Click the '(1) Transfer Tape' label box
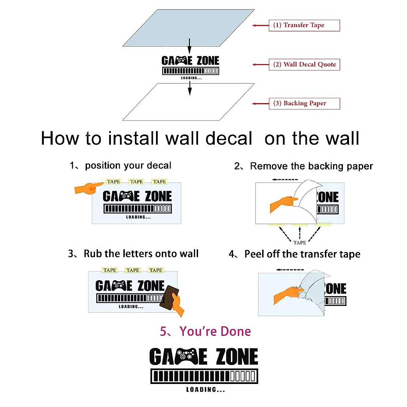tap(304, 25)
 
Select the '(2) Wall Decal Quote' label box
tap(304, 64)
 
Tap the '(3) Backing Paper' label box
tap(304, 103)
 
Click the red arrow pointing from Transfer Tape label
tap(260, 25)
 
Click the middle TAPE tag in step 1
tap(136, 182)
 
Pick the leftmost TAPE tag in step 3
tap(110, 270)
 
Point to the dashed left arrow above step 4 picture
tap(290, 270)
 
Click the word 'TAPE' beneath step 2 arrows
tap(299, 243)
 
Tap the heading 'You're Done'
tap(215, 331)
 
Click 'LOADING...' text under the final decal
tap(206, 390)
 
